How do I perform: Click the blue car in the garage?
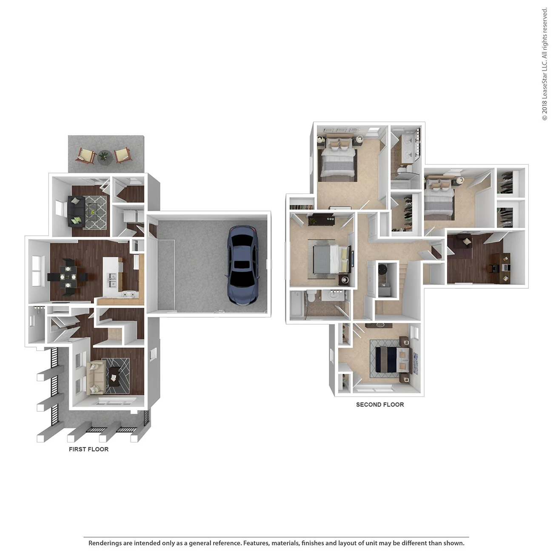(x=242, y=265)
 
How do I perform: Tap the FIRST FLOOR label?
(x=88, y=449)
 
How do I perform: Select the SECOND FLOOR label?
(x=380, y=405)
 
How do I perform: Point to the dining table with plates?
(x=68, y=277)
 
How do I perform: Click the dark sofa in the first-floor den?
(x=75, y=211)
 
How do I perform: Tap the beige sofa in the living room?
(x=96, y=378)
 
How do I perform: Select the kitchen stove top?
(x=130, y=294)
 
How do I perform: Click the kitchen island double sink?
(x=113, y=281)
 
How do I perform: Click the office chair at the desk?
(x=494, y=268)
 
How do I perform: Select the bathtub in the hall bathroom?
(x=296, y=305)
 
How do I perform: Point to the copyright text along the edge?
(x=544, y=64)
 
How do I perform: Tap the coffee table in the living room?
(x=115, y=376)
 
